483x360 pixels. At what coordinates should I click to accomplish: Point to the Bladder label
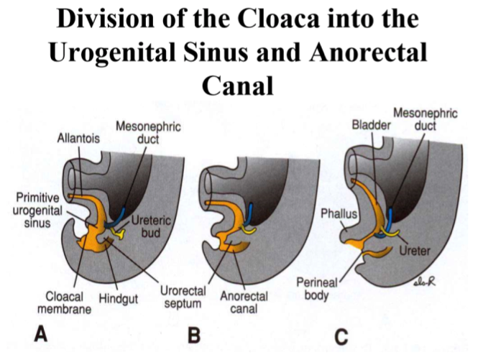[x=369, y=124]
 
